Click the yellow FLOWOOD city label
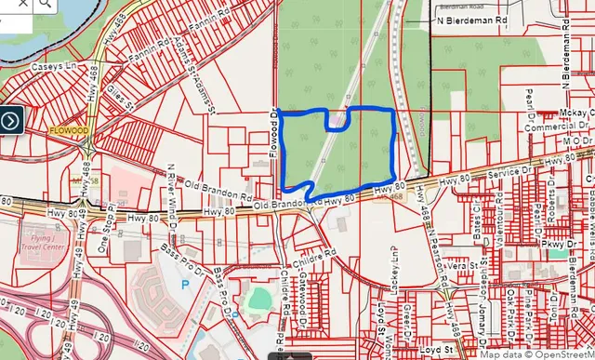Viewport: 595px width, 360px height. point(70,132)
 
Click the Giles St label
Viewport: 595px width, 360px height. point(117,95)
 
